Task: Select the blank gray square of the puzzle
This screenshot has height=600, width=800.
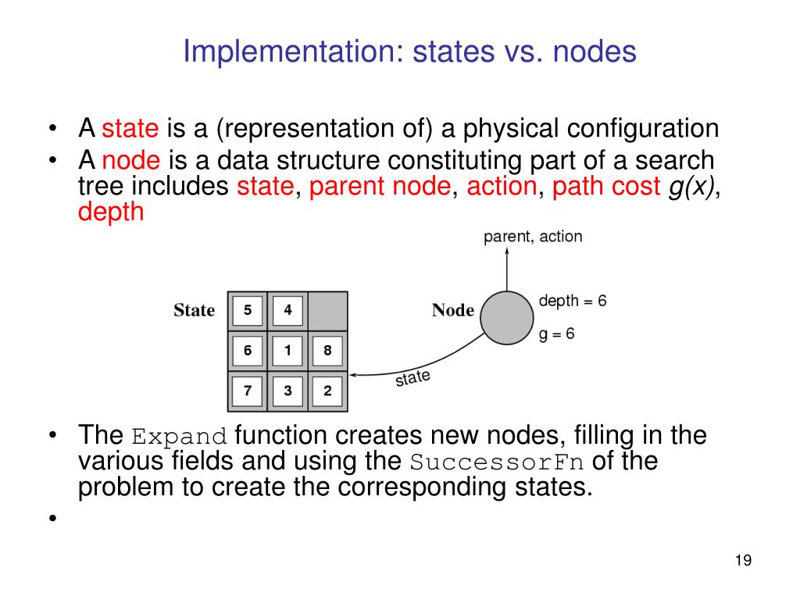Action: pos(328,311)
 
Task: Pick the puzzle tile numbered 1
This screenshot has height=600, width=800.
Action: pos(287,351)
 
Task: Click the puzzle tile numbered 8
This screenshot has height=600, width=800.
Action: pos(327,351)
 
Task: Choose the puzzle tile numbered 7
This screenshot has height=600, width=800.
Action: pos(248,391)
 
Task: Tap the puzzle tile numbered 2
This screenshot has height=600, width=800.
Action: pos(327,391)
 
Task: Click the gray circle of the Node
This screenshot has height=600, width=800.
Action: pos(506,317)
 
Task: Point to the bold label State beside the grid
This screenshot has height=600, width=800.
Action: pos(194,311)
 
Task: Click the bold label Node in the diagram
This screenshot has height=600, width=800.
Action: pos(453,311)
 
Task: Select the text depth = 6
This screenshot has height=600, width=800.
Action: pos(573,301)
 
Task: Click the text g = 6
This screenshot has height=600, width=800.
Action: pos(557,334)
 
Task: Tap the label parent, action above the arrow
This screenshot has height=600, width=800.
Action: pos(533,237)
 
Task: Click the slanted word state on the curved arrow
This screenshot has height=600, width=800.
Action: pos(412,379)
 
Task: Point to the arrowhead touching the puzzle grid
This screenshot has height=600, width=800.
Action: pos(353,375)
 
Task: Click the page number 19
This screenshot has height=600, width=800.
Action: pos(743,560)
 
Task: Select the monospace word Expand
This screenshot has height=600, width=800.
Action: pos(179,436)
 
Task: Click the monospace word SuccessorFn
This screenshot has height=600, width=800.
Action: pos(497,462)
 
